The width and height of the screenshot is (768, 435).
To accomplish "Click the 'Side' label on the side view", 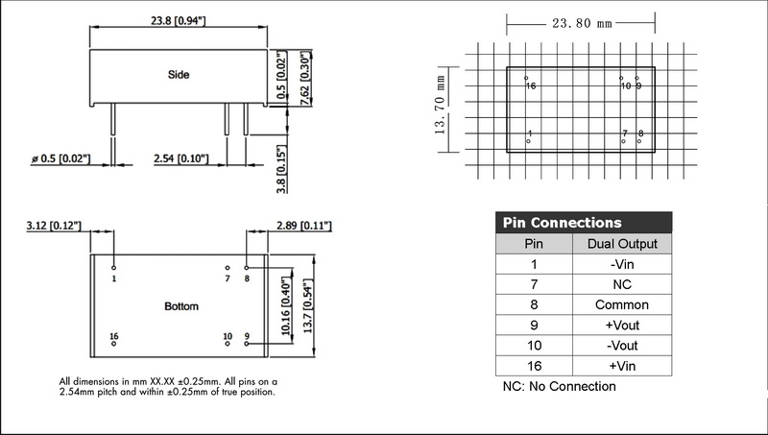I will (178, 73).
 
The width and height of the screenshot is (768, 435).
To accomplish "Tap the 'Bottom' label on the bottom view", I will (180, 306).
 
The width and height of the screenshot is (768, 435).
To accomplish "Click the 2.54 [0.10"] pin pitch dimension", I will (181, 157).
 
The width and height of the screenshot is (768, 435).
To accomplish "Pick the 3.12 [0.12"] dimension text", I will (54, 226).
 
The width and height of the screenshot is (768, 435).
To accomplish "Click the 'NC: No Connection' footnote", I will (560, 387).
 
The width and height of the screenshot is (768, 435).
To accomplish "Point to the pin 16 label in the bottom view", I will (114, 336).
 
